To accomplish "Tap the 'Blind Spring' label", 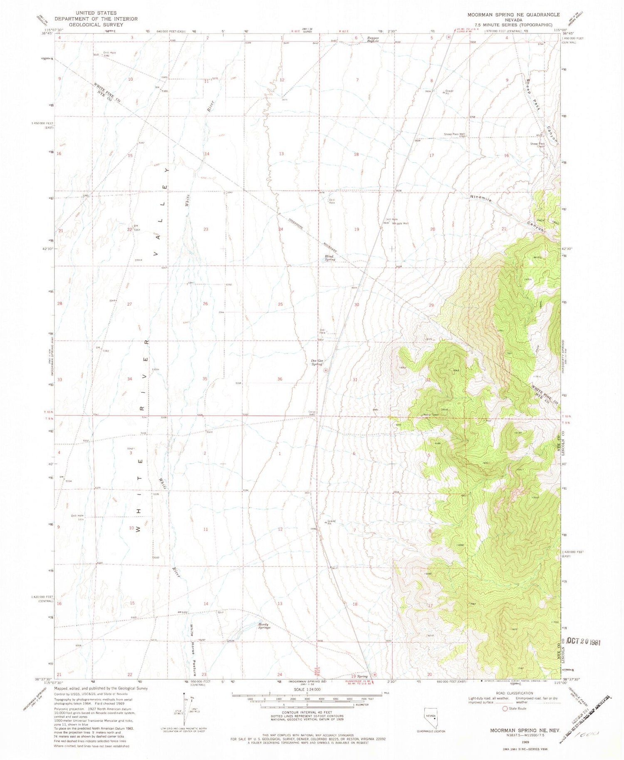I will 330,258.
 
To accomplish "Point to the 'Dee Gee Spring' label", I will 317,362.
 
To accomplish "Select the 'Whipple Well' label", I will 400,223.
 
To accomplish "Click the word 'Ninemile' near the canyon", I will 482,199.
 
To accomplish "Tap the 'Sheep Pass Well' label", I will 454,134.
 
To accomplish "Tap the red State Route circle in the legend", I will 505,708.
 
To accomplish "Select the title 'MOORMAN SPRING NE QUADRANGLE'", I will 513,15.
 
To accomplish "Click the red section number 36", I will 280,379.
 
